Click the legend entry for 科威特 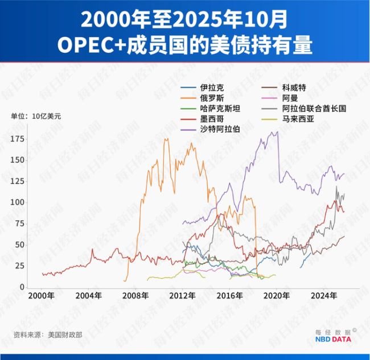point(294,88)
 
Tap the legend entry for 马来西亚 point(294,118)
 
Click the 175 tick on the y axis point(22,139)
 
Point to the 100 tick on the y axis point(22,202)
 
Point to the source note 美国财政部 point(65,335)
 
